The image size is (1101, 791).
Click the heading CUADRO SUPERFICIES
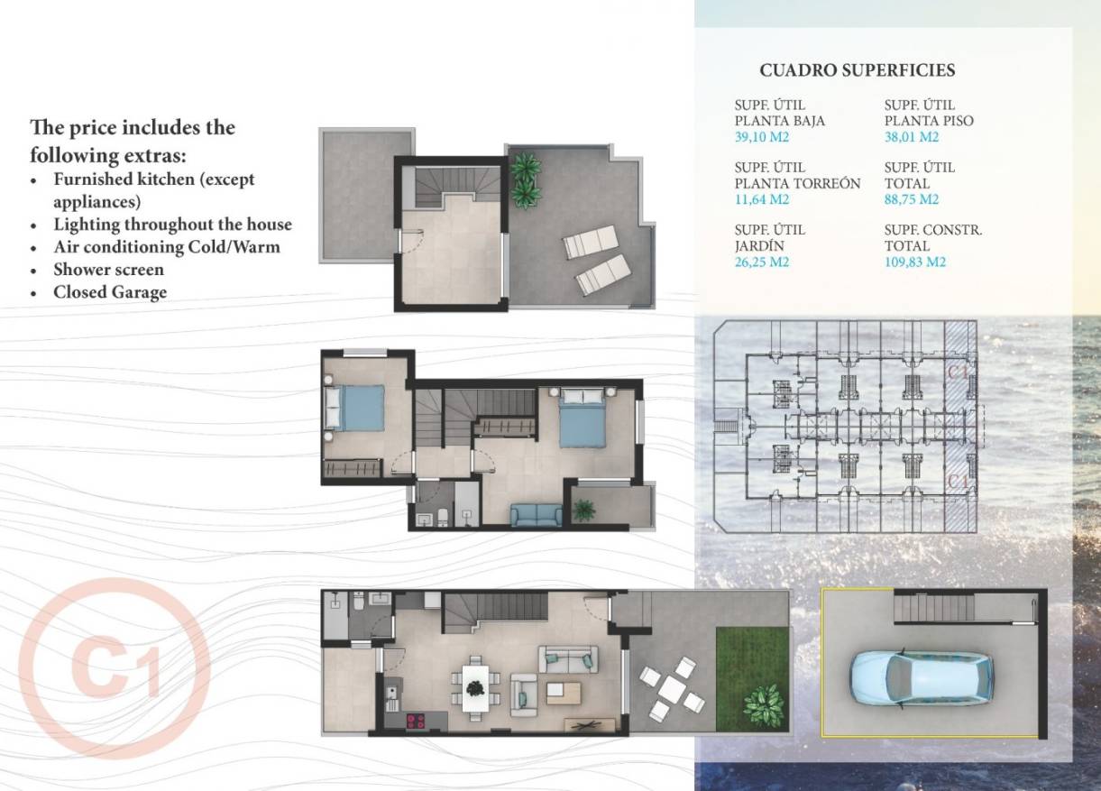857,70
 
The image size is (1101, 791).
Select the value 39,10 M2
762,138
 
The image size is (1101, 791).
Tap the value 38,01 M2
912,138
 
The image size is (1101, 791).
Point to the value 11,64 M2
762,200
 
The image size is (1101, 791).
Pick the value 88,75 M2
912,200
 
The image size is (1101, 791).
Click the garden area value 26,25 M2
762,262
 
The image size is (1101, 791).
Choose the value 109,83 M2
915,262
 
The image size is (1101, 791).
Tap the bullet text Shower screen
108,270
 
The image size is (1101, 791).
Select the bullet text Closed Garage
110,292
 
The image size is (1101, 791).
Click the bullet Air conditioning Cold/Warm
167,247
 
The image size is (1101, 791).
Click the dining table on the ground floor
474,688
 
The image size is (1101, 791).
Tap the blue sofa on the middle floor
536,514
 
